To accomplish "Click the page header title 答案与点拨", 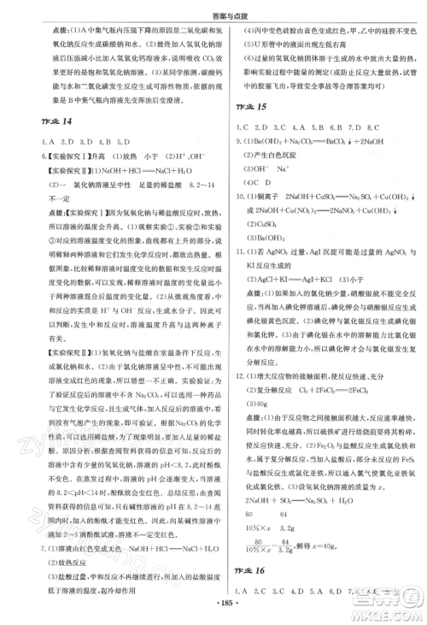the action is (213, 9).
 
